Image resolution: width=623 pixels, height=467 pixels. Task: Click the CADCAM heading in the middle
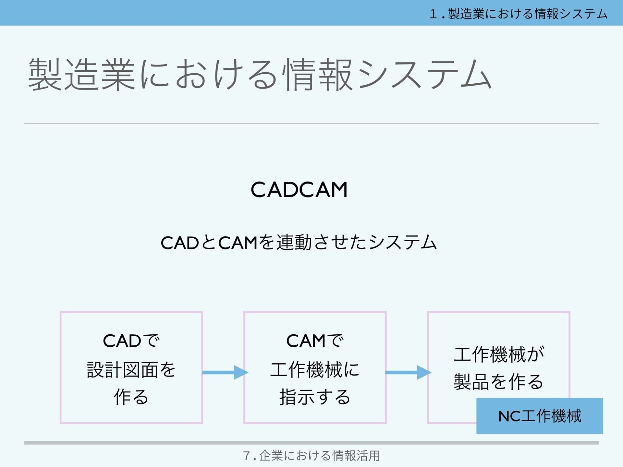299,190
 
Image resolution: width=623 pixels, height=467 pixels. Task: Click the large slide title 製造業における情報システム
260,75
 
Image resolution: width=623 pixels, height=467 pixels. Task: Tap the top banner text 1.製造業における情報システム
518,14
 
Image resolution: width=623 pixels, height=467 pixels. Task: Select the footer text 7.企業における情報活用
311,456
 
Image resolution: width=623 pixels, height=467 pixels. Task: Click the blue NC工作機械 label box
539,416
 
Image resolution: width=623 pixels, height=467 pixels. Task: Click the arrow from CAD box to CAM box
225,372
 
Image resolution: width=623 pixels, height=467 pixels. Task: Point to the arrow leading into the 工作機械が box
408,372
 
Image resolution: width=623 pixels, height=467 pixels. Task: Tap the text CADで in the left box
131,341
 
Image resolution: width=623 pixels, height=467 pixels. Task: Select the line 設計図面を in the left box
131,370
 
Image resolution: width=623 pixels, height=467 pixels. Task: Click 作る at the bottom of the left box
131,397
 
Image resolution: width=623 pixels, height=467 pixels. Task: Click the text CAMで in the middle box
314,341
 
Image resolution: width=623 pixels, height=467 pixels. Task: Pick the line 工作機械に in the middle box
314,370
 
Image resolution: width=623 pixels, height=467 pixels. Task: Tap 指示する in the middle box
314,397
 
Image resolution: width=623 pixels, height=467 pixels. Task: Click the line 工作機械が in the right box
499,354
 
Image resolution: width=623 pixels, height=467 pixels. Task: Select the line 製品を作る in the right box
499,382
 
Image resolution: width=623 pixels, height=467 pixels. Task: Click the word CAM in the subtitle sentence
238,243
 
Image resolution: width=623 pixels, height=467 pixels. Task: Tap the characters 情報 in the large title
318,75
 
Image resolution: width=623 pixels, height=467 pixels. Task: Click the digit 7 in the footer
246,456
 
